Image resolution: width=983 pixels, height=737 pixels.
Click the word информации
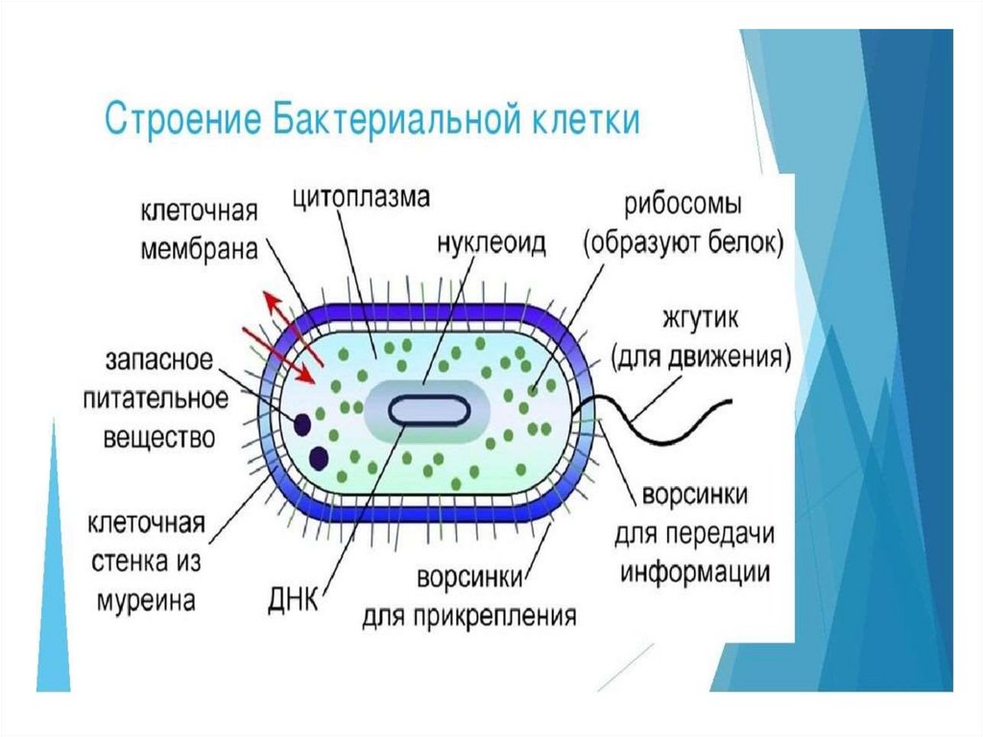coord(695,572)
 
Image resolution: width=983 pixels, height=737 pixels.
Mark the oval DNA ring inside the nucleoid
coord(429,410)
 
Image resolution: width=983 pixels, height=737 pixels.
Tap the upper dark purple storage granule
coord(301,424)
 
